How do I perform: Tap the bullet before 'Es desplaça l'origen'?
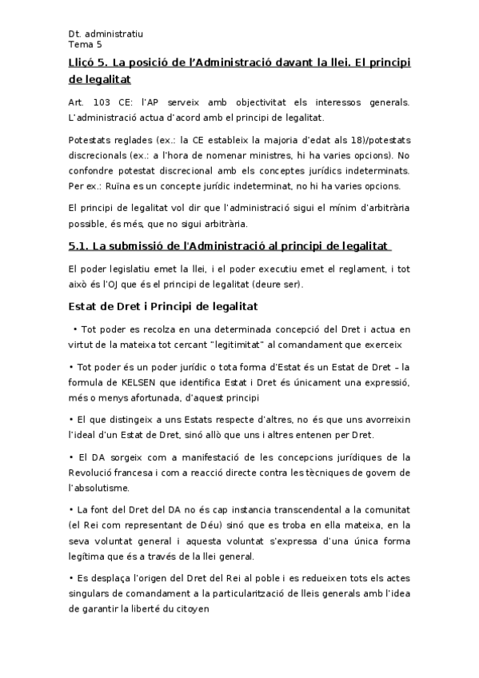70,578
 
